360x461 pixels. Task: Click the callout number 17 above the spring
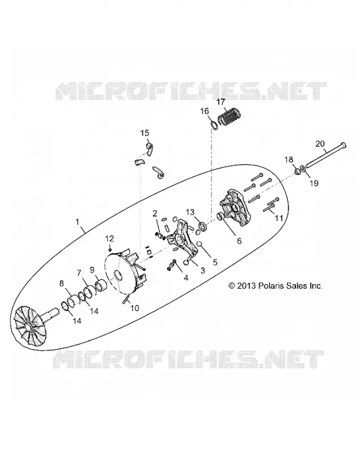[221, 102]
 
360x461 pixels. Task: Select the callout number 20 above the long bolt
[320, 144]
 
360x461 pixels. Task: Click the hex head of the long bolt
[342, 145]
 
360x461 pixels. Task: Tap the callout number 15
[145, 133]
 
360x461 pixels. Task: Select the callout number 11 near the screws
[278, 218]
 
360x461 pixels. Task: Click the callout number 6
[239, 241]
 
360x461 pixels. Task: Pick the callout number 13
[190, 212]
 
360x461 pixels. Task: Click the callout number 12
[109, 238]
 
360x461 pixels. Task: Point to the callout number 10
[135, 308]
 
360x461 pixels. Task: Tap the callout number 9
[92, 269]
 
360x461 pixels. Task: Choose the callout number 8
[62, 284]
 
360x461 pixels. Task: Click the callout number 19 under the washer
[314, 183]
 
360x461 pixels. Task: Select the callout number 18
[289, 160]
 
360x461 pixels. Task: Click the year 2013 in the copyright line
[247, 285]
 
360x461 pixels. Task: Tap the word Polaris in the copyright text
[270, 285]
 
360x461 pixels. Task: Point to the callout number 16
[204, 111]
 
